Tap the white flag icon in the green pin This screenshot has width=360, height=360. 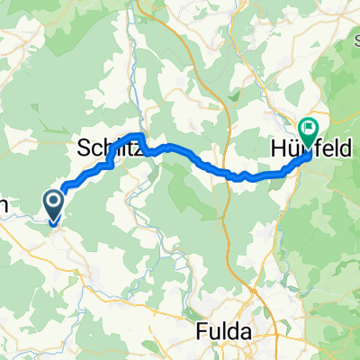pos(309,130)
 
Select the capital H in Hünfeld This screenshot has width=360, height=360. pos(277,148)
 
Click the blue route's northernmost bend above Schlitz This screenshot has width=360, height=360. pos(139,135)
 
